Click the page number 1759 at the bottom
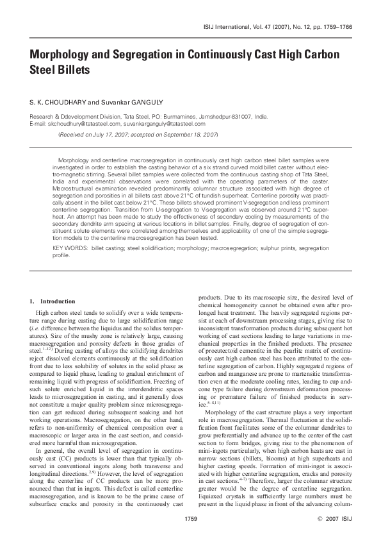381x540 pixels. point(190,517)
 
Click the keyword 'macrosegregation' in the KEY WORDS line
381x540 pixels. point(228,247)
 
